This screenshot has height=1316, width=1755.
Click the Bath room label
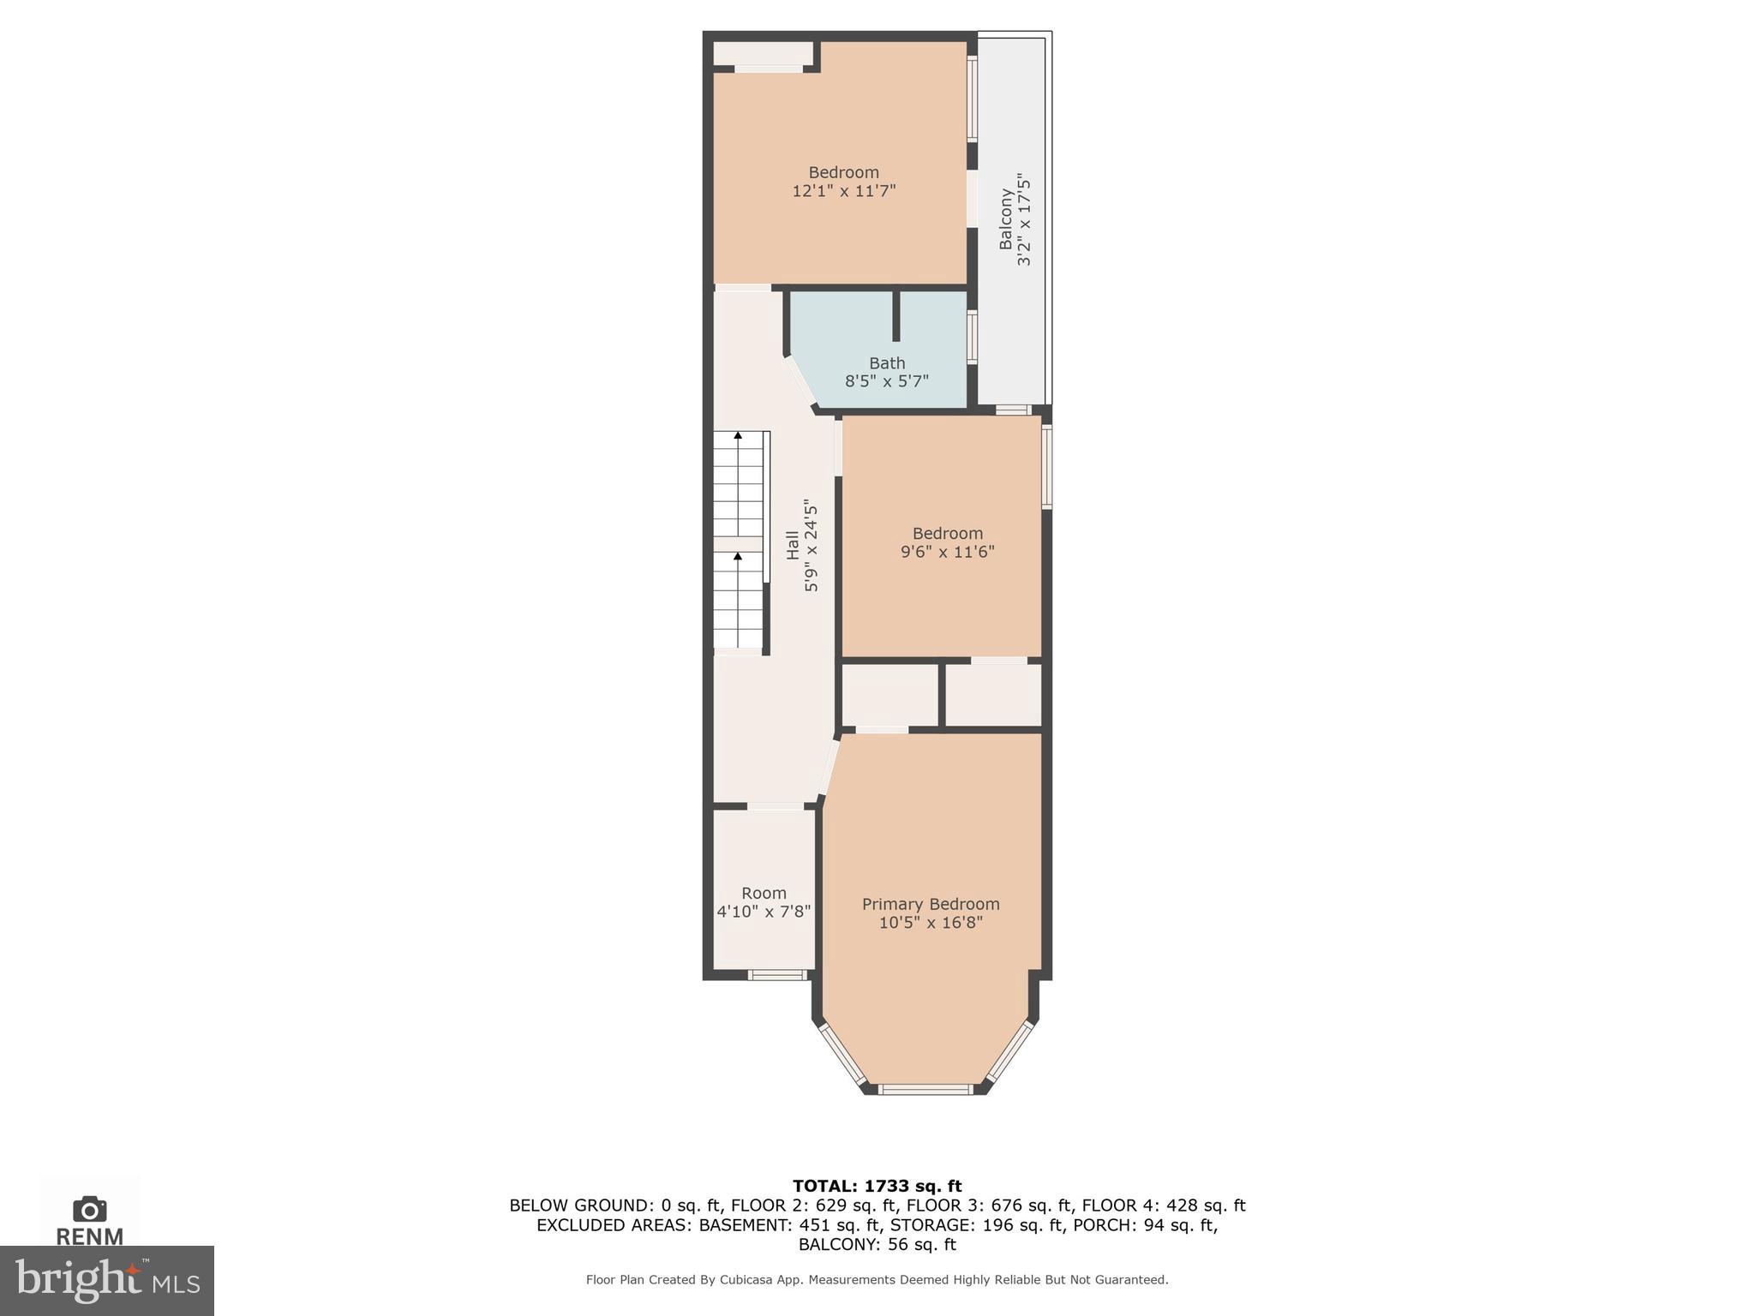point(887,363)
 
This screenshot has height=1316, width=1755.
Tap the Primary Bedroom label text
point(931,904)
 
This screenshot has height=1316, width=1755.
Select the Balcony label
point(1006,219)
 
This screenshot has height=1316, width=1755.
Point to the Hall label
point(793,546)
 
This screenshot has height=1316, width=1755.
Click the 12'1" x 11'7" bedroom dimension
point(843,191)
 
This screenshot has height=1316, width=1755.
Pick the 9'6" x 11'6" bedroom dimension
point(947,552)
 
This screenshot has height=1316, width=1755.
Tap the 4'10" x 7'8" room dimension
point(764,912)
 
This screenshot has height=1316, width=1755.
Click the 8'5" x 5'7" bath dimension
point(887,381)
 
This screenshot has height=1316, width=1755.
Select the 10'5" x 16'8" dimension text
point(931,923)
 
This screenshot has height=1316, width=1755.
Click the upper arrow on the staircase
point(738,435)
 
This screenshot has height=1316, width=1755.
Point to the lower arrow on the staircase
point(738,556)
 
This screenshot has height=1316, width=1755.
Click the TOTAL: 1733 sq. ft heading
point(877,1187)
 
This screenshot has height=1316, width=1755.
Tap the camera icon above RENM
point(90,1210)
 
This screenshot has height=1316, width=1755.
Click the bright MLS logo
point(107,1280)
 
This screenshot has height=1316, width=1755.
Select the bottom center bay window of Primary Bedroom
point(925,1089)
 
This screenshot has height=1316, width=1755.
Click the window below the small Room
point(776,974)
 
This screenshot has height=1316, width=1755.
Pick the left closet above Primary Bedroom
point(889,695)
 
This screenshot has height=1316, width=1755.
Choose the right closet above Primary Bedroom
point(993,695)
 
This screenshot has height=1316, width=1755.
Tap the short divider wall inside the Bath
point(896,316)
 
